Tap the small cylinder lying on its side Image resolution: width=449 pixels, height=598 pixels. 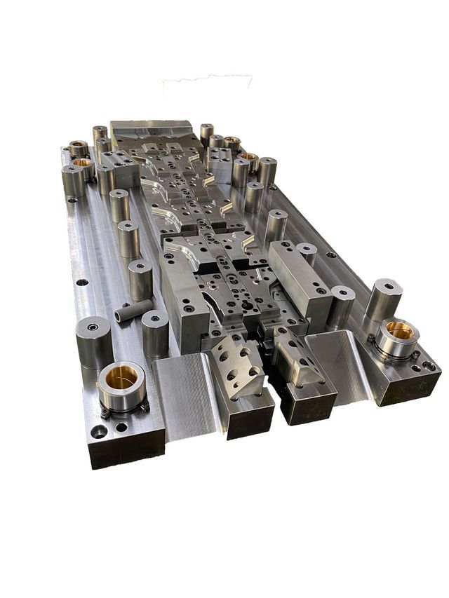(133, 310)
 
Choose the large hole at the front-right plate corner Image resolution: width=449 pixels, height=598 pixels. (430, 365)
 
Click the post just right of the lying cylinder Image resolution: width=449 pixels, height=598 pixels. (155, 333)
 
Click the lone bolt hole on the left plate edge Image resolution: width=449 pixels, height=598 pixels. (81, 283)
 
